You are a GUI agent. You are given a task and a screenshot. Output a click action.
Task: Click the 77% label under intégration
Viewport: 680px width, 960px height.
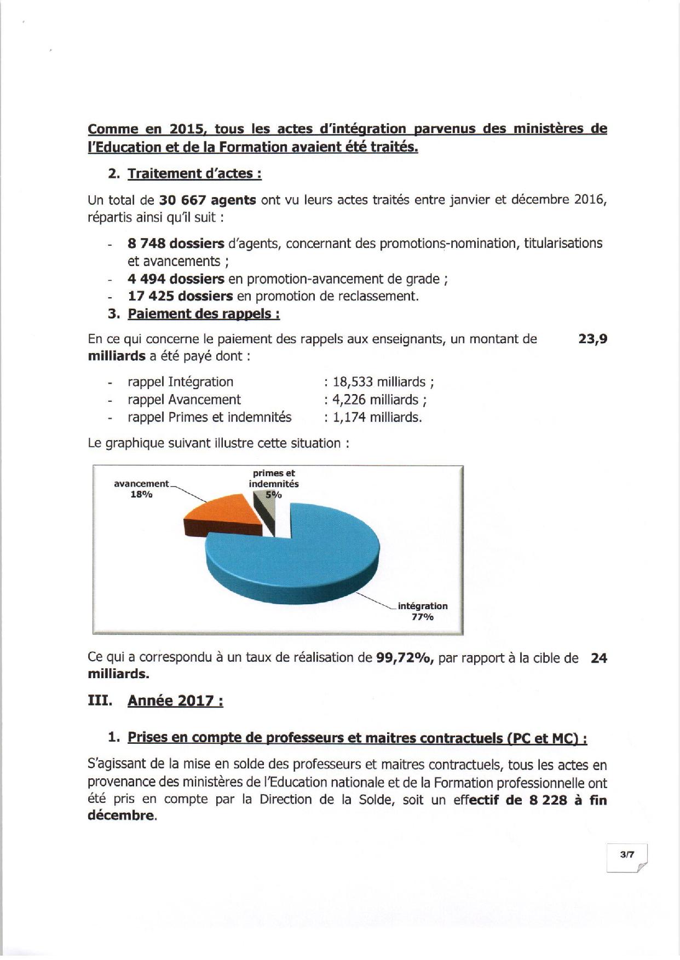click(x=422, y=617)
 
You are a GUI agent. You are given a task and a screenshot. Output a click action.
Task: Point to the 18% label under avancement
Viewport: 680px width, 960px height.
click(x=141, y=494)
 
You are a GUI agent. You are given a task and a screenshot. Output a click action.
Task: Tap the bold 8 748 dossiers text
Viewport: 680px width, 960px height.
click(x=176, y=243)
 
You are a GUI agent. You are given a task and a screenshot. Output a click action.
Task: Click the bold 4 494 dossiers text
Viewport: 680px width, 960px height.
click(x=176, y=279)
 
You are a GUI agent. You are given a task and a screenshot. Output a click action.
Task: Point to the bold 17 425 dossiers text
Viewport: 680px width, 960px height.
click(x=180, y=296)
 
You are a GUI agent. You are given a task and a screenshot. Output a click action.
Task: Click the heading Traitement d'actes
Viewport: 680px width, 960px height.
click(x=194, y=174)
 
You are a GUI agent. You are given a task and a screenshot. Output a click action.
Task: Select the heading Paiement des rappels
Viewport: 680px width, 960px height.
click(x=204, y=314)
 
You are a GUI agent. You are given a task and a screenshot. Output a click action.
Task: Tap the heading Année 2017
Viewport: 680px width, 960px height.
click(x=175, y=701)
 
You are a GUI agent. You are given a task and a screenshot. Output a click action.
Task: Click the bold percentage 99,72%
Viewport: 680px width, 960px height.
click(x=405, y=658)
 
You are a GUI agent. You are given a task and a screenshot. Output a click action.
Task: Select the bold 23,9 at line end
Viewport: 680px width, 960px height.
click(x=592, y=339)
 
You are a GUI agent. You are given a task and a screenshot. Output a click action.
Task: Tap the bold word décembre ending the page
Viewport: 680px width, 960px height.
click(x=120, y=816)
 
